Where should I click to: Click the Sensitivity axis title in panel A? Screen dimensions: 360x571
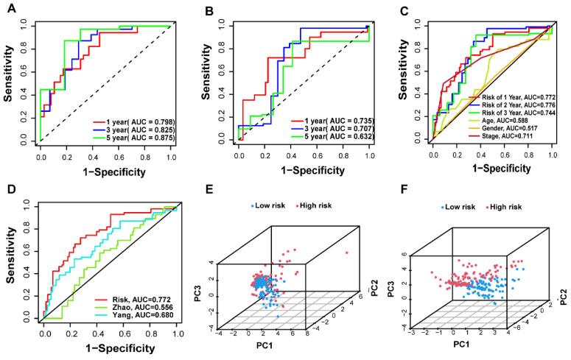11,81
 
